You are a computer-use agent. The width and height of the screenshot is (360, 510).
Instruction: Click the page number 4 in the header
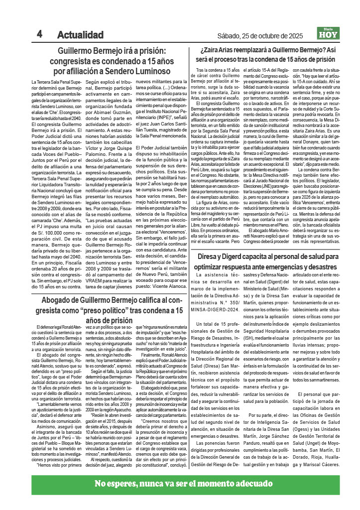[39, 35]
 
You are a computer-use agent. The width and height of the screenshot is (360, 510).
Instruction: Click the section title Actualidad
[80, 35]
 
